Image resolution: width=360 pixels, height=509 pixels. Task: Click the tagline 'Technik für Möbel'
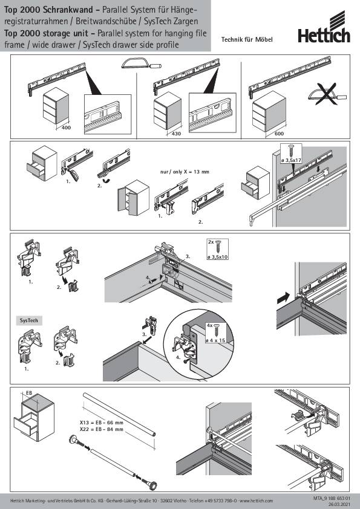click(x=247, y=39)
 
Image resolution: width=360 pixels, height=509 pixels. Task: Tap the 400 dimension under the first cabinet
click(x=67, y=128)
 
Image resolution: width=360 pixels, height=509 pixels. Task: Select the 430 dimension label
click(x=177, y=132)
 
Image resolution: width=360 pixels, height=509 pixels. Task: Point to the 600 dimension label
click(x=279, y=132)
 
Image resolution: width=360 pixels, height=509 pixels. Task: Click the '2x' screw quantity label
click(x=210, y=241)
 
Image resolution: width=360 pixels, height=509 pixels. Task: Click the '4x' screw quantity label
click(x=211, y=325)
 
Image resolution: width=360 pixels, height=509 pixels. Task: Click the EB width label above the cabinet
click(x=28, y=393)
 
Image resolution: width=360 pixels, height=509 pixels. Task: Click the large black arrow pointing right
click(x=282, y=298)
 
